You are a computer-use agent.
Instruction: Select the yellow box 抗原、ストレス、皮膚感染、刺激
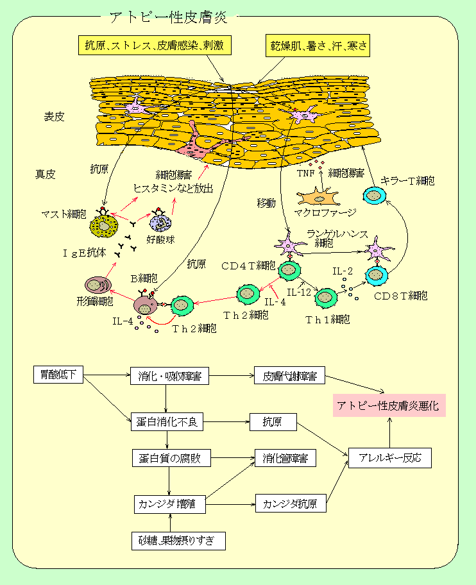tap(154, 45)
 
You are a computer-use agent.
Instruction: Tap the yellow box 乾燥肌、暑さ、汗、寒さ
tap(319, 45)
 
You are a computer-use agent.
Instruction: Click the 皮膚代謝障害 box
tap(289, 376)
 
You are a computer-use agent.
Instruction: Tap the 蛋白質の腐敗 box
tap(171, 459)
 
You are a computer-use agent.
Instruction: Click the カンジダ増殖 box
tap(169, 504)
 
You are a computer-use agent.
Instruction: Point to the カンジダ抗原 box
tap(290, 504)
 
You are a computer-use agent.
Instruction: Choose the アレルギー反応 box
tap(390, 458)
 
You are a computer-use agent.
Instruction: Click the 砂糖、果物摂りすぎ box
tap(179, 541)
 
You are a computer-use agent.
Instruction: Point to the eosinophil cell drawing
tap(160, 223)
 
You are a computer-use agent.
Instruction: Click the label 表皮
tap(55, 117)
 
